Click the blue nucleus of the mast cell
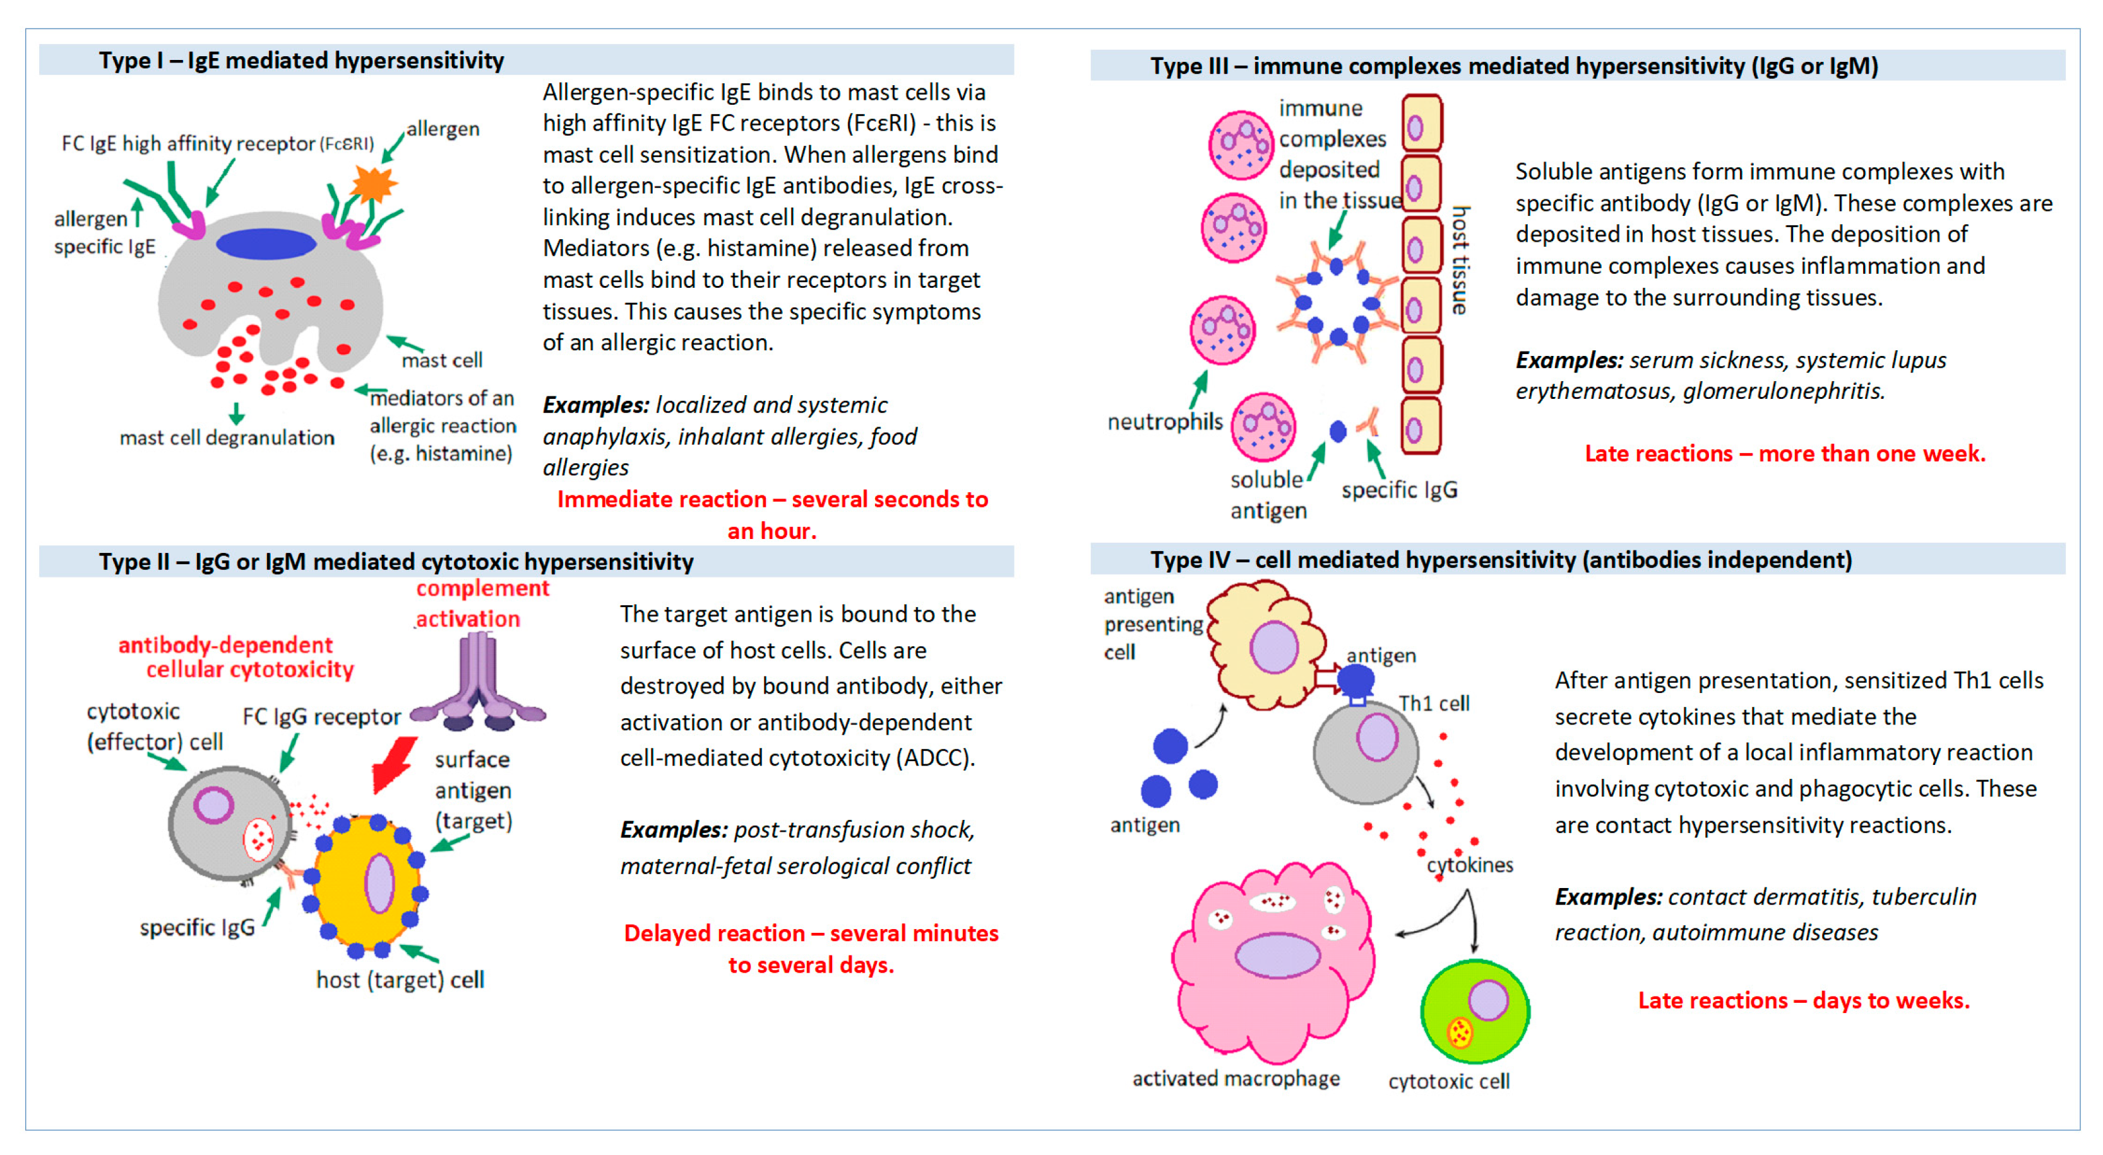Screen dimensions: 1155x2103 click(265, 243)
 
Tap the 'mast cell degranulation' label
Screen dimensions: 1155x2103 click(227, 438)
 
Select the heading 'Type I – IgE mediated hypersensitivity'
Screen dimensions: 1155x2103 click(301, 61)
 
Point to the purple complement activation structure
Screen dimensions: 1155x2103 click(477, 685)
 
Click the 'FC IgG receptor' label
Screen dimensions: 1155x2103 click(321, 717)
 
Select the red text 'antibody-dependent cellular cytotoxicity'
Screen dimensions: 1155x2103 click(237, 657)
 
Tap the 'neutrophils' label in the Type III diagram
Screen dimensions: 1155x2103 click(1165, 422)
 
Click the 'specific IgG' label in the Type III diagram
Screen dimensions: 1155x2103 click(1399, 490)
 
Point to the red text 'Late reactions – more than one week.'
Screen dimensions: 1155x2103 click(1785, 454)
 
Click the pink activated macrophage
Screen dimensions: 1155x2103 click(1273, 963)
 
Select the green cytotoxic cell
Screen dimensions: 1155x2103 click(1474, 1012)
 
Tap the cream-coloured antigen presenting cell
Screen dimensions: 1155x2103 click(1265, 645)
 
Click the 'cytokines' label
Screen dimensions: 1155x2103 click(1470, 865)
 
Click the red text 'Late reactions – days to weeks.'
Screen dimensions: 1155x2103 click(1803, 1001)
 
